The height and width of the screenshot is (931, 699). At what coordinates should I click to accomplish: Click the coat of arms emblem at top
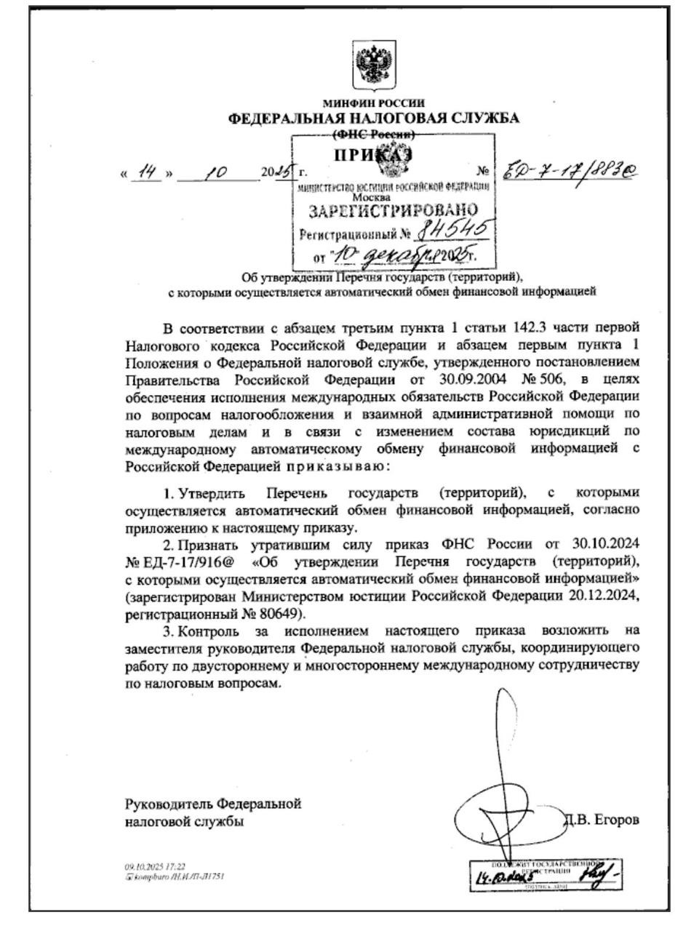point(374,65)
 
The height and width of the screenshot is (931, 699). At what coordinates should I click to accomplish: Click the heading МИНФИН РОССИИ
point(374,103)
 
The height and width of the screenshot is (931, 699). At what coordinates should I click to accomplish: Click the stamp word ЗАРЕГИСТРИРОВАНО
point(394,212)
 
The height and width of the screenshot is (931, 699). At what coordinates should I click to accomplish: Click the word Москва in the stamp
point(371,197)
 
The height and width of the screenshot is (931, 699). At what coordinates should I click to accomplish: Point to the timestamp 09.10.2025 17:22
point(155,867)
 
